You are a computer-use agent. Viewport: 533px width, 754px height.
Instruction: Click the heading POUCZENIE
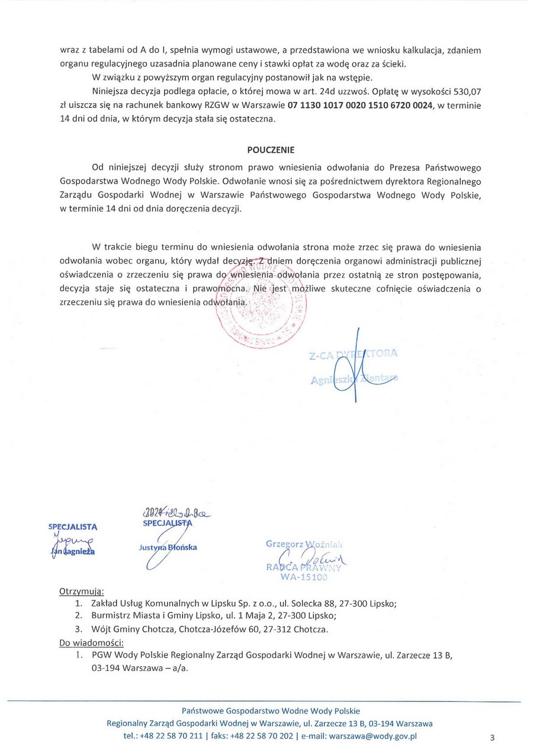(271, 150)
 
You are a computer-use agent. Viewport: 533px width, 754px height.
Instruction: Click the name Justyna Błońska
(168, 547)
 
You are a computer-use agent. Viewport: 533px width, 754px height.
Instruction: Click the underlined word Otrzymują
(81, 591)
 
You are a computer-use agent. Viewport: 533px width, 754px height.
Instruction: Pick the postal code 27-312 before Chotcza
(278, 629)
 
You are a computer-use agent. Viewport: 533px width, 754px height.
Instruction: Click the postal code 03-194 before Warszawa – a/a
(104, 667)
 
